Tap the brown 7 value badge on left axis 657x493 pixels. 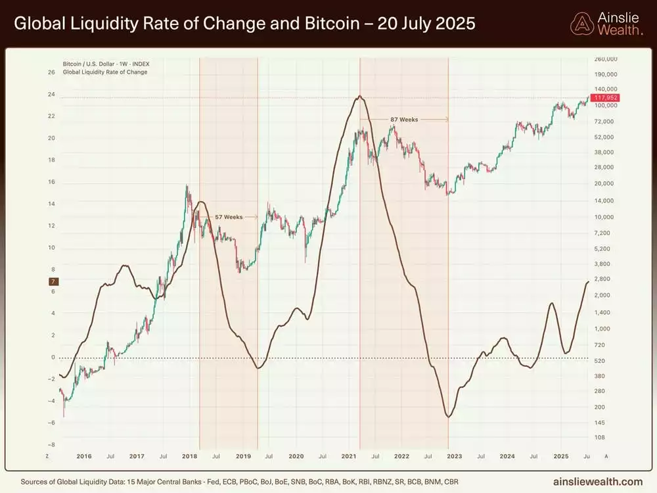[53, 281]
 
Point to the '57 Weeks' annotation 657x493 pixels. [229, 216]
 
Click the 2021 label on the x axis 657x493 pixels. [350, 456]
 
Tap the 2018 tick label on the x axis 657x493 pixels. [189, 456]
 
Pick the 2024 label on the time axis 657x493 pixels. [507, 456]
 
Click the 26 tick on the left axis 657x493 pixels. [51, 72]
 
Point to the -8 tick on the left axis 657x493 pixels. [51, 445]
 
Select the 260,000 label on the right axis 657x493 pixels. [605, 59]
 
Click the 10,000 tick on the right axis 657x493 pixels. [605, 217]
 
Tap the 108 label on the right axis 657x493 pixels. [600, 437]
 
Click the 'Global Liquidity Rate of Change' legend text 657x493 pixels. [105, 72]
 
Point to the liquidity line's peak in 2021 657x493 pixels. [359, 97]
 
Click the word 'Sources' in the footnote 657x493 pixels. [34, 482]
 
